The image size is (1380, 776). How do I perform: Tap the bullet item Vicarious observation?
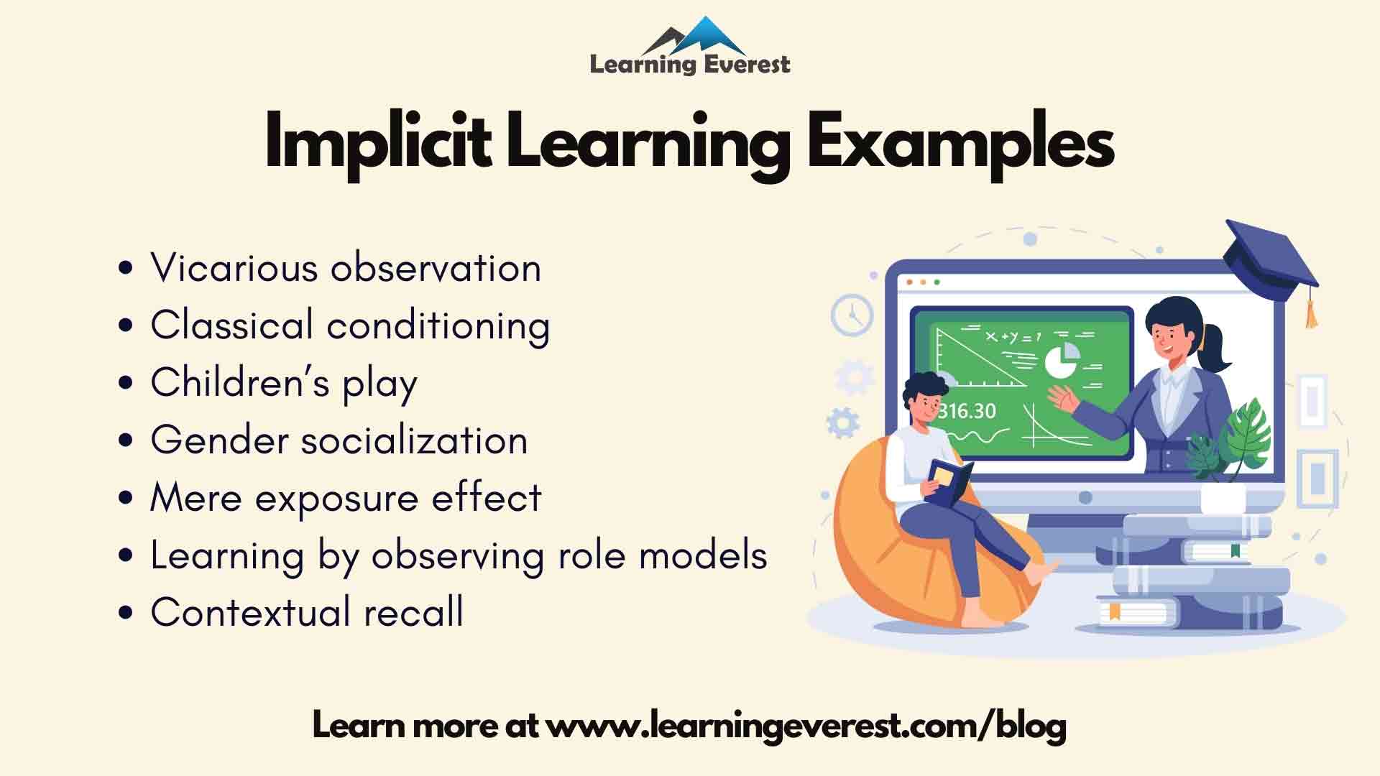[345, 268]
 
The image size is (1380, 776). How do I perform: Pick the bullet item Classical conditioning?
[350, 325]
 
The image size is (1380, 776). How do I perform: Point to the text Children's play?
[284, 383]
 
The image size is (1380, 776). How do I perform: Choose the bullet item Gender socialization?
[339, 440]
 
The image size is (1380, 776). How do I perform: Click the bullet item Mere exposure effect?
[346, 498]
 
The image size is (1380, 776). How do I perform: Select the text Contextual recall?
[307, 613]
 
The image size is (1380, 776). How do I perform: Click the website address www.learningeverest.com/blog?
[806, 726]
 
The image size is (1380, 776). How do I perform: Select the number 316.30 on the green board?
[967, 411]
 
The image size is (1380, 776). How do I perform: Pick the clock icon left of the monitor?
[852, 315]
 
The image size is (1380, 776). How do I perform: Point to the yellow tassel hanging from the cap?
[1312, 313]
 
